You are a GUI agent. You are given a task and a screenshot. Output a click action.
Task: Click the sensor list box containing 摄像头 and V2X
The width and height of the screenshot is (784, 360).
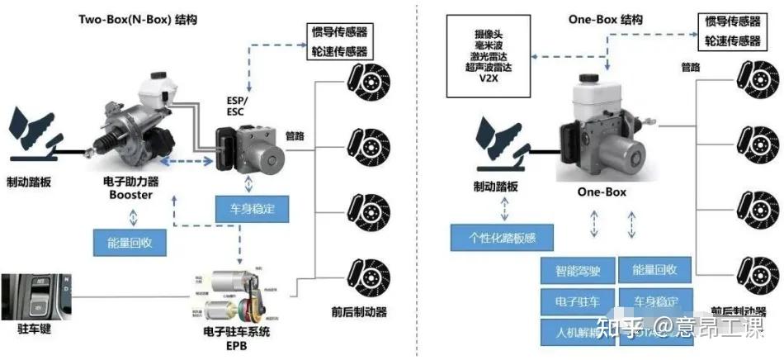point(486,54)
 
